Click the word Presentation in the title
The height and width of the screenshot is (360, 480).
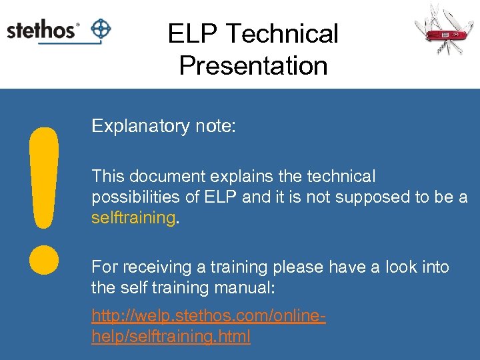coord(253,65)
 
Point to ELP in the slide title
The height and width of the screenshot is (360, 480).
coord(189,33)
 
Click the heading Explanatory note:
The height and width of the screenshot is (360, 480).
coord(163,126)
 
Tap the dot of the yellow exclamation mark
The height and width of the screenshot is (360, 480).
coord(43,259)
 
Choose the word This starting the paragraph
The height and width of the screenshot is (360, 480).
coord(107,177)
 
